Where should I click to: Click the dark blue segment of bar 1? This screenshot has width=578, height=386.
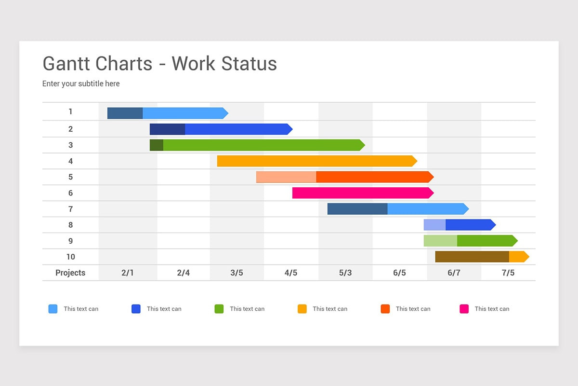125,113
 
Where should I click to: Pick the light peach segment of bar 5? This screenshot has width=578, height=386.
286,177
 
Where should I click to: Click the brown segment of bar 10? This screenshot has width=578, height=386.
472,257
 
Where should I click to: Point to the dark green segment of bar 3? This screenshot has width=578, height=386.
157,145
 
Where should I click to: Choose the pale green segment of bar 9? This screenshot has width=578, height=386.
440,241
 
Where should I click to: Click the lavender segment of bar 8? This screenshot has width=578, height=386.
434,225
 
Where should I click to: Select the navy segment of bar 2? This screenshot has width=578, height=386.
167,129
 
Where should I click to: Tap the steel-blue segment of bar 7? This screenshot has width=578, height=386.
357,209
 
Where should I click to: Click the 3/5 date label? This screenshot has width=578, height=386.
236,273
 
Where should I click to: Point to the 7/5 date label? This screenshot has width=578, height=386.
508,273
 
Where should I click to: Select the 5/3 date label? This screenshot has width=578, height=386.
345,273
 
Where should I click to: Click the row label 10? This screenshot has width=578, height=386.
70,257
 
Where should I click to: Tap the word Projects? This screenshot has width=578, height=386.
70,273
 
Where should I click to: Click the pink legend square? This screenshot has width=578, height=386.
464,309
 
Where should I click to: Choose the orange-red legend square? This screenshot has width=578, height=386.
385,309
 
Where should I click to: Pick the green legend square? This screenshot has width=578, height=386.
219,309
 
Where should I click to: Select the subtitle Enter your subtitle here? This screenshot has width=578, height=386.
81,83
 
